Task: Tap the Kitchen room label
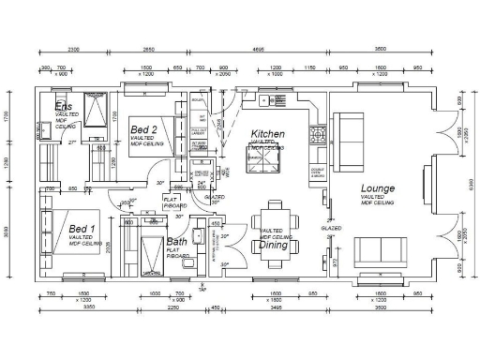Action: click(x=267, y=134)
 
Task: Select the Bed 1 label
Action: click(x=82, y=229)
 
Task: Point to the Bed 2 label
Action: click(x=144, y=128)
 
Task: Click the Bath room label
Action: click(x=175, y=242)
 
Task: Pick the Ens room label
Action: click(x=63, y=105)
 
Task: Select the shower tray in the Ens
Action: click(x=94, y=111)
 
